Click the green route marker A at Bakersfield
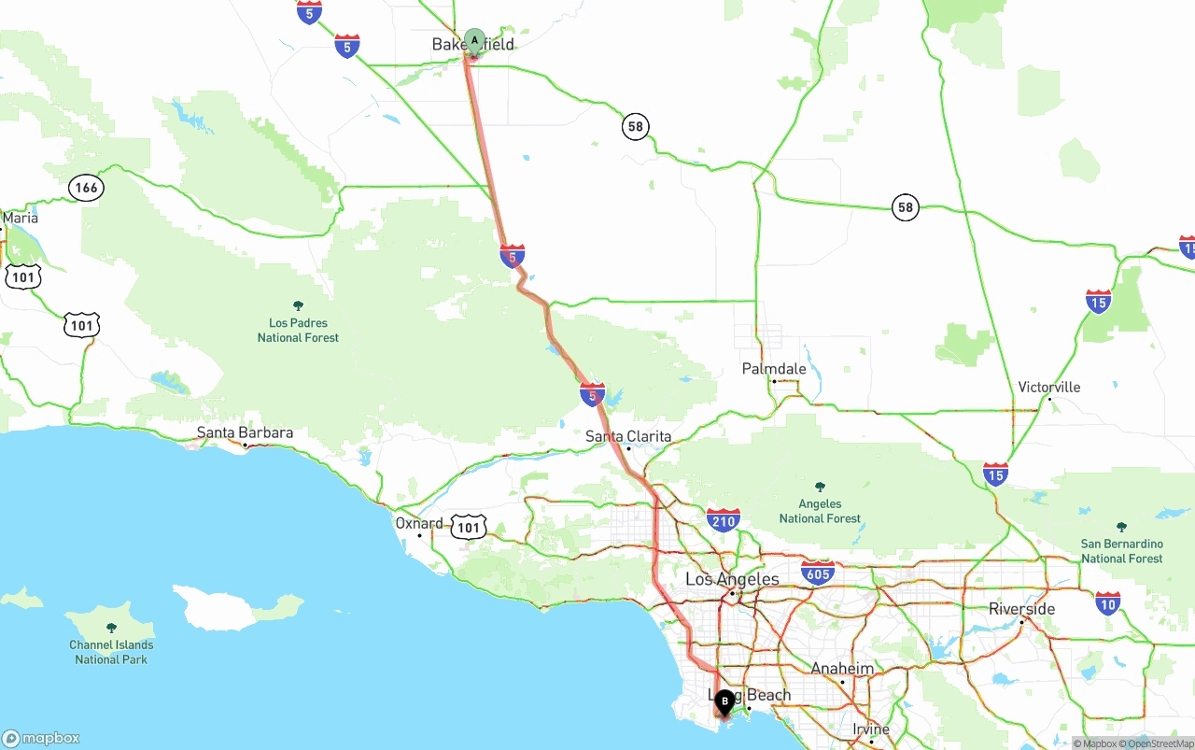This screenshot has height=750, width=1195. coord(474,41)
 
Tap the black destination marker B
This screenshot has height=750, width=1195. coord(724,701)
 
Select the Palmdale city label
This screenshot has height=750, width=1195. coord(774,369)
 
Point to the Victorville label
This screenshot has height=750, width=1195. coord(1048,387)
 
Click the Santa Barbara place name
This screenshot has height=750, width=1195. coord(245,432)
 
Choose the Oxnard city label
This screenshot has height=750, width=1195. coord(419,523)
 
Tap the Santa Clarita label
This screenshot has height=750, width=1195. coord(628,436)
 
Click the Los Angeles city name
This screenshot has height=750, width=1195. coord(732,579)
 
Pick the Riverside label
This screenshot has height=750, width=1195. coord(1021,609)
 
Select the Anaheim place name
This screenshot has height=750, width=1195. coord(842,669)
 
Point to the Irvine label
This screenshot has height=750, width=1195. coord(871,729)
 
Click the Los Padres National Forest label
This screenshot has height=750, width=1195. coord(298,330)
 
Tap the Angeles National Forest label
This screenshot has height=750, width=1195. coord(820,511)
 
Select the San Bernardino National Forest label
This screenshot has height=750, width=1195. coord(1121,550)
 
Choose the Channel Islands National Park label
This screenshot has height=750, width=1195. coord(111,651)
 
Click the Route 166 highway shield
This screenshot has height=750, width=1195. coord(86,188)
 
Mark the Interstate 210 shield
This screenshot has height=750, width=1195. coord(724,520)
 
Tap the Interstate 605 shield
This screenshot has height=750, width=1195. coord(817,572)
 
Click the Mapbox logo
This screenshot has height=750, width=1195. coord(41,738)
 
